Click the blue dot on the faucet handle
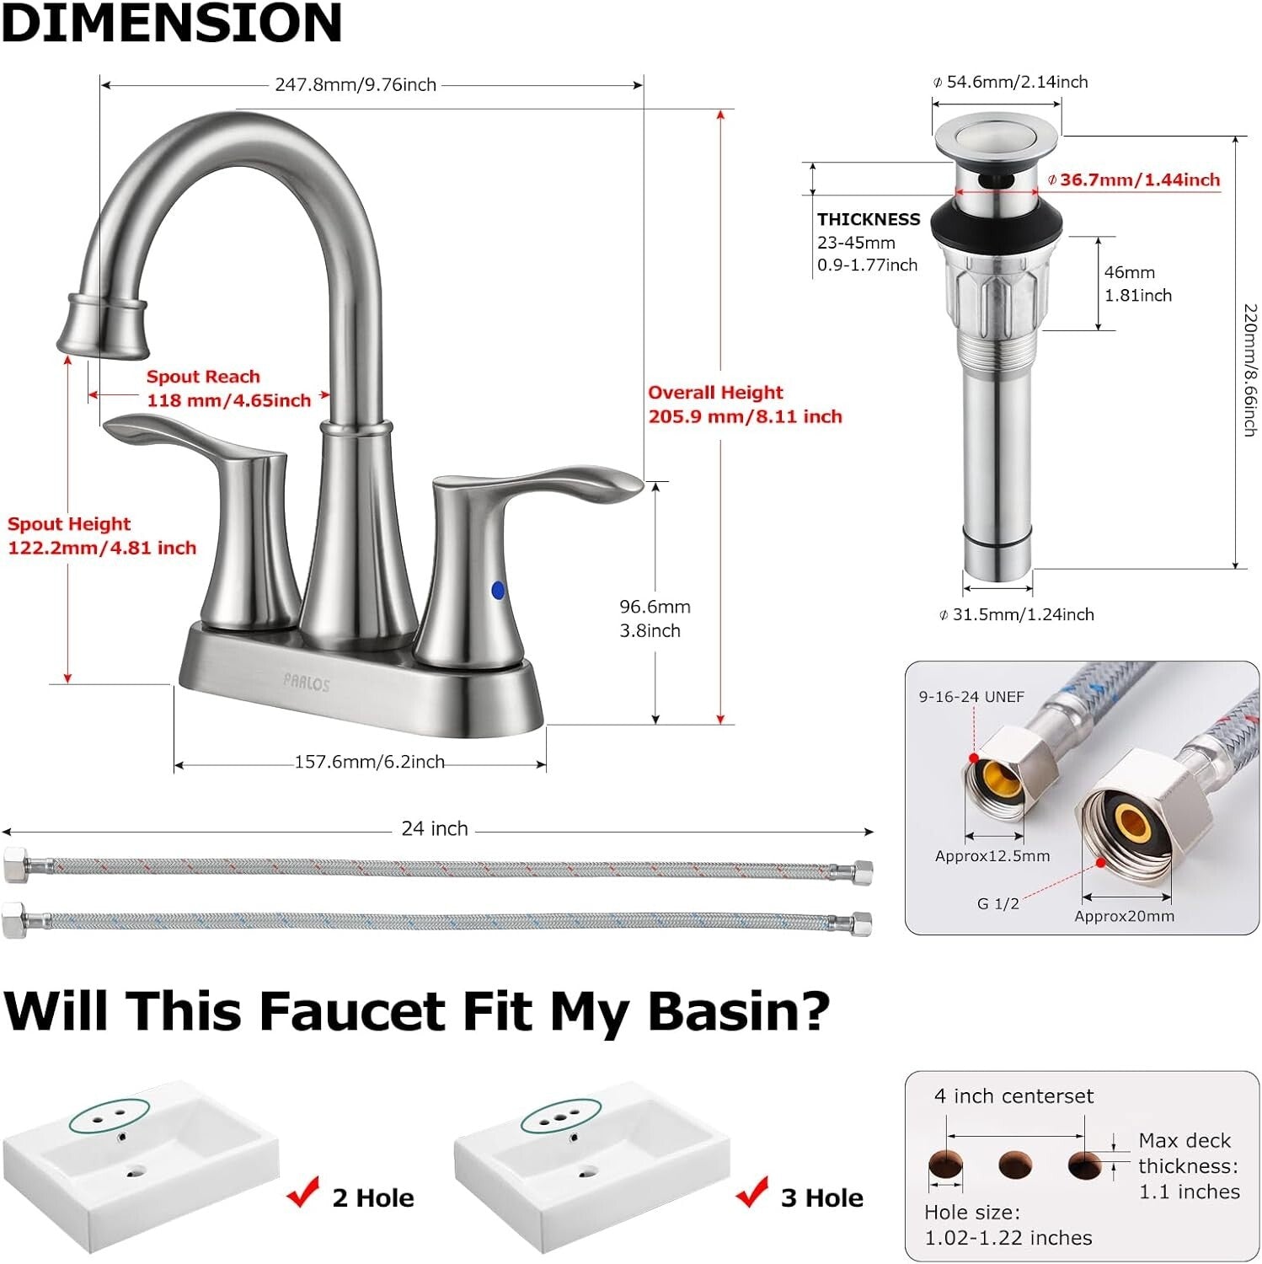click(497, 590)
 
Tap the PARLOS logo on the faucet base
click(307, 683)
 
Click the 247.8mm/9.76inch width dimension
click(356, 85)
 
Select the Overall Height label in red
click(715, 393)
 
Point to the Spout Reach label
click(203, 377)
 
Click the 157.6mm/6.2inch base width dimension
click(369, 762)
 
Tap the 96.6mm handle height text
click(655, 607)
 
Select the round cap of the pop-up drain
click(995, 138)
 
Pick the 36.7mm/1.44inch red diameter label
click(1137, 179)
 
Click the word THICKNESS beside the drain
click(869, 219)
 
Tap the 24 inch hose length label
click(434, 828)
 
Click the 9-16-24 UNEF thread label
click(971, 697)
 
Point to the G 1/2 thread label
click(997, 903)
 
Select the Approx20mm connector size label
click(1124, 916)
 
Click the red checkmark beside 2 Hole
click(303, 1192)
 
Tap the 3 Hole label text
click(821, 1197)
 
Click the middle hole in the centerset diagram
click(1014, 1165)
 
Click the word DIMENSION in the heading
click(173, 23)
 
